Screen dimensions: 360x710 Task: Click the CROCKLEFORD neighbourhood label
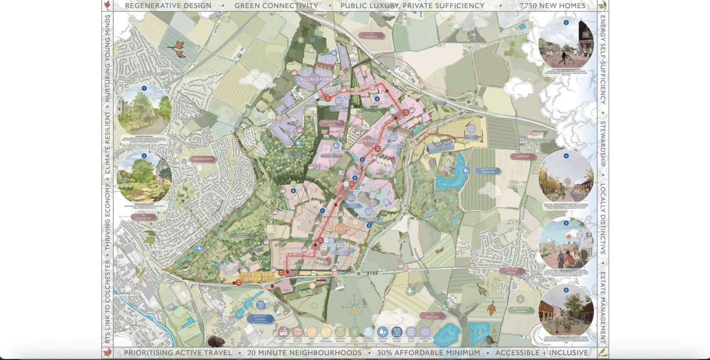click(x=315, y=79)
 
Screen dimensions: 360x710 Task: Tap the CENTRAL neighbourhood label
click(x=368, y=141)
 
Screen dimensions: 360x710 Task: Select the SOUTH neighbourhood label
click(x=341, y=229)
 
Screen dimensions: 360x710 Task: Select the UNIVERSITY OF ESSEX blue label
click(x=261, y=318)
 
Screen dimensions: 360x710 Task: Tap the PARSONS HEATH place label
click(x=204, y=159)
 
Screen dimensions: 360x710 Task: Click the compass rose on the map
click(x=354, y=306)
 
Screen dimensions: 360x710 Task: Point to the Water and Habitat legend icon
click(x=382, y=332)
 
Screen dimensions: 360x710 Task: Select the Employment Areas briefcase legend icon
click(x=425, y=332)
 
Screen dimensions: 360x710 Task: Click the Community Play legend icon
click(x=283, y=332)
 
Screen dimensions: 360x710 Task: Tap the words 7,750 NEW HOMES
click(x=552, y=6)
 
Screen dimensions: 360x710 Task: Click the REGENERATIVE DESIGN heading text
click(x=168, y=6)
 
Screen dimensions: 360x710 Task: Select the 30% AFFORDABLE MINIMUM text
click(x=429, y=353)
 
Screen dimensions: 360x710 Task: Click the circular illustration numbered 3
click(x=566, y=42)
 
